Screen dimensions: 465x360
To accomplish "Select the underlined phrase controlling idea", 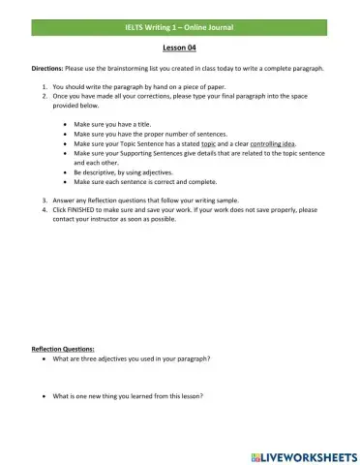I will [265, 142].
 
